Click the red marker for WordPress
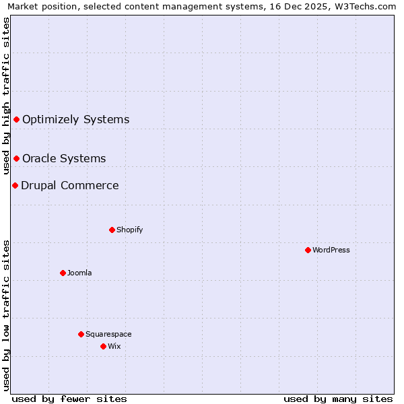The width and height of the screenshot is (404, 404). click(308, 250)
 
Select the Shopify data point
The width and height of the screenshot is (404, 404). click(112, 230)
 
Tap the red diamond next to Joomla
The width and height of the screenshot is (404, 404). click(63, 273)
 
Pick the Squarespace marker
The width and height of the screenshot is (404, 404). click(81, 334)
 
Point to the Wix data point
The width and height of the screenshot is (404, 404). click(103, 346)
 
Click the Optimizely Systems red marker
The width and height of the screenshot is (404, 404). click(16, 119)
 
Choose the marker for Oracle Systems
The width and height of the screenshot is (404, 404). click(16, 158)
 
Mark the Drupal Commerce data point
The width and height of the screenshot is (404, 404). click(15, 185)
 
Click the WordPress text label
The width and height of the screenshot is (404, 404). click(331, 250)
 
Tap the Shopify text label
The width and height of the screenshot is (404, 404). click(130, 230)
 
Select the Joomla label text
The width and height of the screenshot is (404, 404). click(79, 273)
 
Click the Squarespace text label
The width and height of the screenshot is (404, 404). click(108, 334)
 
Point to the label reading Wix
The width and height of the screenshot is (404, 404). click(114, 346)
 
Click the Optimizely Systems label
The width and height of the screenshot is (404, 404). click(75, 119)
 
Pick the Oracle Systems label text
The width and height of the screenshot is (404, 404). click(64, 158)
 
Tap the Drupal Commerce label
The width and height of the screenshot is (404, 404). click(70, 185)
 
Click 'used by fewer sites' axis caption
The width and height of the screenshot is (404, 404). click(69, 399)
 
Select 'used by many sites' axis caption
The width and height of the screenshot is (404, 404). click(338, 399)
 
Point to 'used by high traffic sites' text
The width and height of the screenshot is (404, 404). click(7, 96)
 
